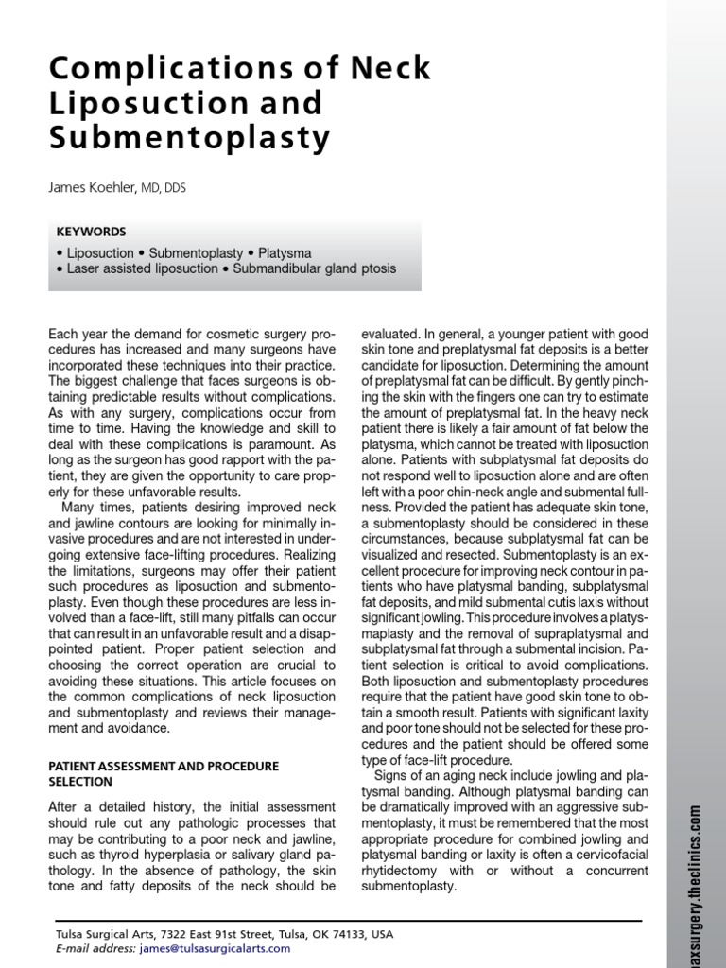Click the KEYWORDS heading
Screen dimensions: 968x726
91,232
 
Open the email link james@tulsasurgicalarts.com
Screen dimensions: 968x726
215,948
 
